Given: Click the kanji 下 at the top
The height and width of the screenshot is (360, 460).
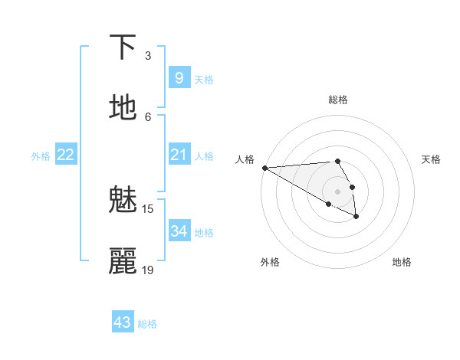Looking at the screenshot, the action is coord(123,47).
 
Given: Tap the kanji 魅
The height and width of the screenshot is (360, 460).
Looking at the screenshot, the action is coord(123,200).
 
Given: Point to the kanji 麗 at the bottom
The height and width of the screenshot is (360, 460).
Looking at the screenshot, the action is coord(123,261).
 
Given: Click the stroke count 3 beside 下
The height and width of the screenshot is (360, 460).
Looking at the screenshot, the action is coord(148,55).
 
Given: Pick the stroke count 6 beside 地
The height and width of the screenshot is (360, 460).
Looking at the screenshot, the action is coord(148,116).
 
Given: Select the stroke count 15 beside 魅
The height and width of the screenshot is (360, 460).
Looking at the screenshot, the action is coord(148,208).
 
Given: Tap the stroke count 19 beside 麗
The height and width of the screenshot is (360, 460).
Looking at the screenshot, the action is coord(148,270).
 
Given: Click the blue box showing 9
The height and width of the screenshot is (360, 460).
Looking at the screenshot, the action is coord(179,77).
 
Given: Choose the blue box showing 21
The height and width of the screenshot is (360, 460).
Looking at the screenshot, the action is coord(179,155).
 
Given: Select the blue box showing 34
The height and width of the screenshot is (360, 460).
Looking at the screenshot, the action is coord(179,231).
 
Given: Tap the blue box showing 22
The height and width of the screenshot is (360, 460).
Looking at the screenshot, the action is coord(65,155).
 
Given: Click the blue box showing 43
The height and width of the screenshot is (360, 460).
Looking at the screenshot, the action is coord(123,322).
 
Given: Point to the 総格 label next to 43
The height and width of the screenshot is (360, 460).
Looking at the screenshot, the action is coord(147,324).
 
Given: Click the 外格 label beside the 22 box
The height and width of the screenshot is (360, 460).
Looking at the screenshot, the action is coord(41,156).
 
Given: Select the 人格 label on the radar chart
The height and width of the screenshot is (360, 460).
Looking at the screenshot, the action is coord(245,159).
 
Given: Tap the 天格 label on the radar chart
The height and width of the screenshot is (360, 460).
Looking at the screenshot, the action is coord(432,159).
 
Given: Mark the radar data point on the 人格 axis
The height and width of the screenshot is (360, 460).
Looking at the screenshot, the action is coord(264,168).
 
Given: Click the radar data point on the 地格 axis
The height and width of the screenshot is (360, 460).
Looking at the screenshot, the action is coord(356,217).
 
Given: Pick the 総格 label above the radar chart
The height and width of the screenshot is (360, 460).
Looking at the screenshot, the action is coord(338,100).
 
